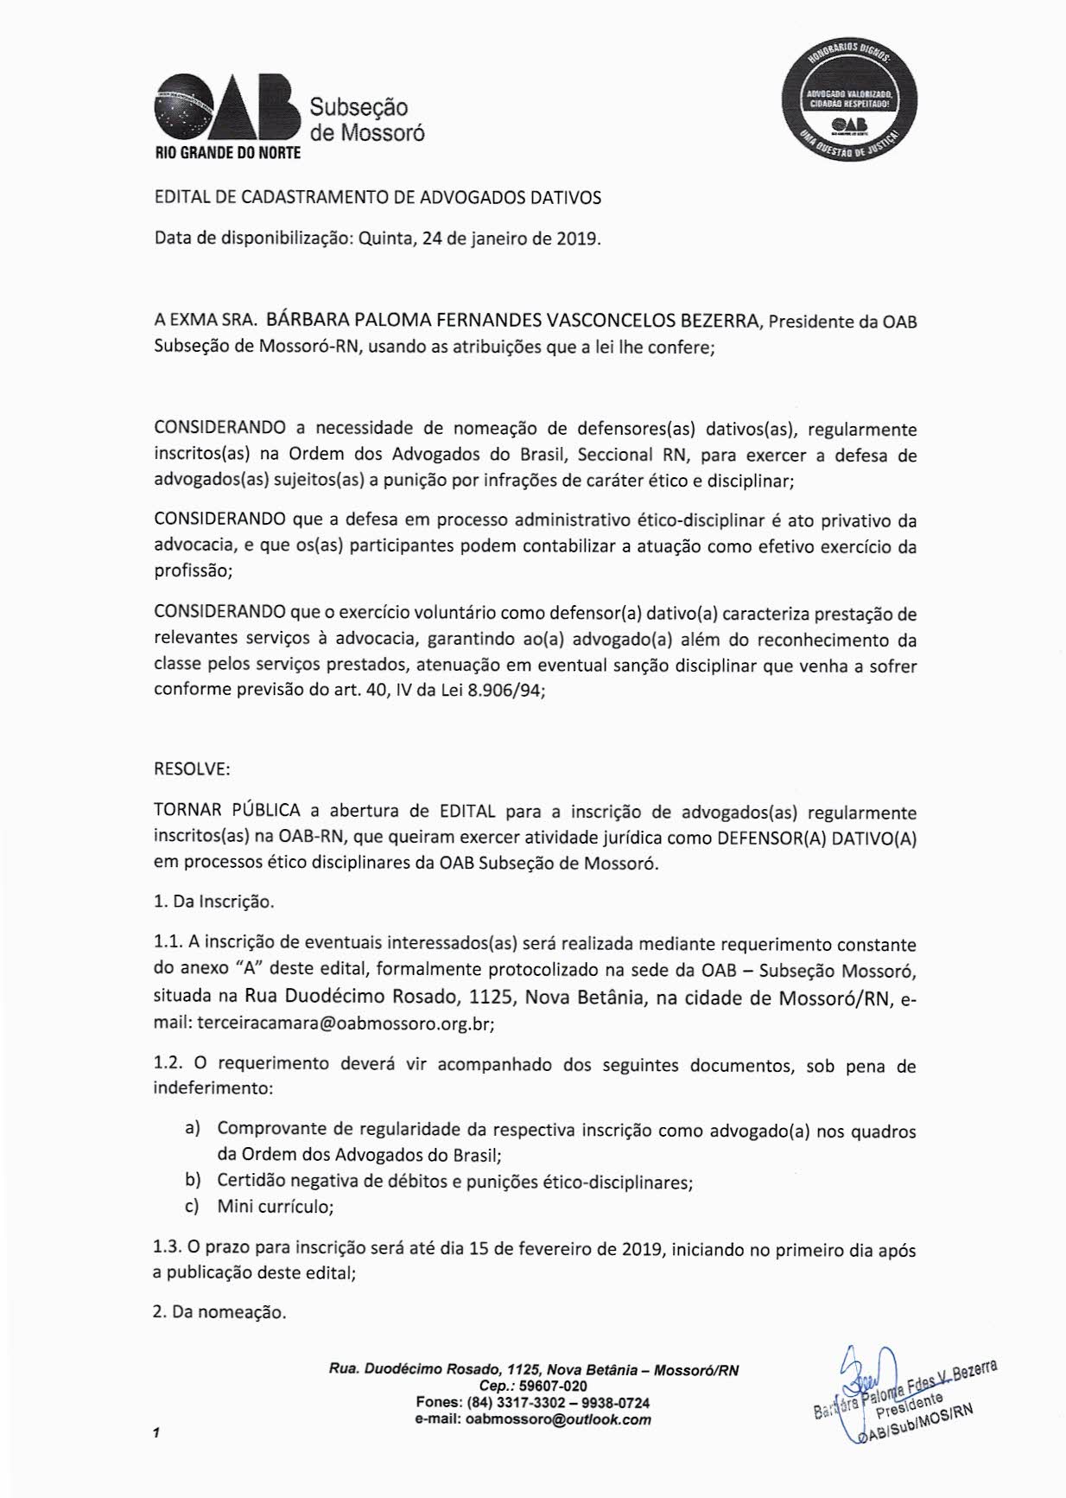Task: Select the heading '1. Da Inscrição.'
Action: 213,902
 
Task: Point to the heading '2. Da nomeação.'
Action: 219,1312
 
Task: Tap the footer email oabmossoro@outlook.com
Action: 558,1419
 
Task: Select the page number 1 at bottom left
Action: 156,1432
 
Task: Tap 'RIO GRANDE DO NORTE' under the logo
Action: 227,154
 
